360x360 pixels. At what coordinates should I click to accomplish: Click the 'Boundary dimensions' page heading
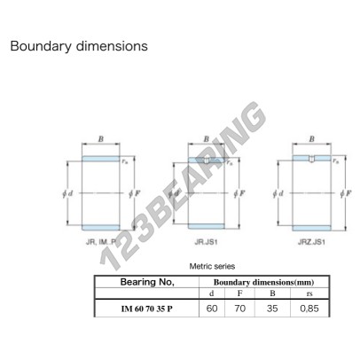[x=79, y=46]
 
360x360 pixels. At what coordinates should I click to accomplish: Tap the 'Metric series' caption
[x=212, y=266]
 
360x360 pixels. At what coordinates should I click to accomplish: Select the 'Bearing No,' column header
[x=147, y=282]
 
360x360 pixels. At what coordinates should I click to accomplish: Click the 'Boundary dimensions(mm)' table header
[x=263, y=282]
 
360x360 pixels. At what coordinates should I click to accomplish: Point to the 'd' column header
[x=212, y=293]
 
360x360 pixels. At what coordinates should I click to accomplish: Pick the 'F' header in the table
[x=239, y=293]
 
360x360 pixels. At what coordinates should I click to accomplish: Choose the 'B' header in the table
[x=272, y=293]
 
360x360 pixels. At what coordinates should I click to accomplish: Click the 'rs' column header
[x=309, y=293]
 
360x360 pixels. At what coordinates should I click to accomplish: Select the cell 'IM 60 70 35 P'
[x=147, y=309]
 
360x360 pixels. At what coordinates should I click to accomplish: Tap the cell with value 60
[x=212, y=309]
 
